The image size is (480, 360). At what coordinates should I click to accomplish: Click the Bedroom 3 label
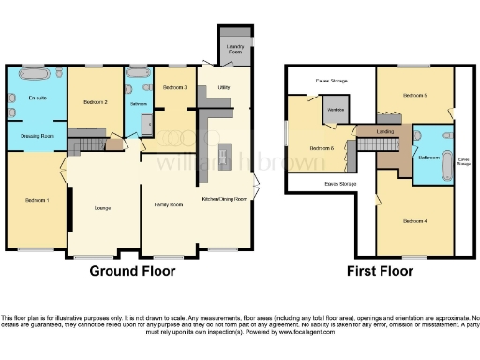click(175, 87)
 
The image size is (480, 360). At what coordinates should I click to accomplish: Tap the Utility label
click(224, 87)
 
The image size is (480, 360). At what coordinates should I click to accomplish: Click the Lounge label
click(103, 207)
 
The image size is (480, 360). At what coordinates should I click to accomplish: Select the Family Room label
click(168, 203)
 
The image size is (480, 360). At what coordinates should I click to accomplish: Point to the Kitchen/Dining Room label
click(225, 199)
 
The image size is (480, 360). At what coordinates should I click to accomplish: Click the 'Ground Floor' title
click(132, 272)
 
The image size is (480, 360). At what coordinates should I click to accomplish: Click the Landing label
click(384, 132)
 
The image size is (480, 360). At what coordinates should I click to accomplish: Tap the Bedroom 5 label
click(415, 96)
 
